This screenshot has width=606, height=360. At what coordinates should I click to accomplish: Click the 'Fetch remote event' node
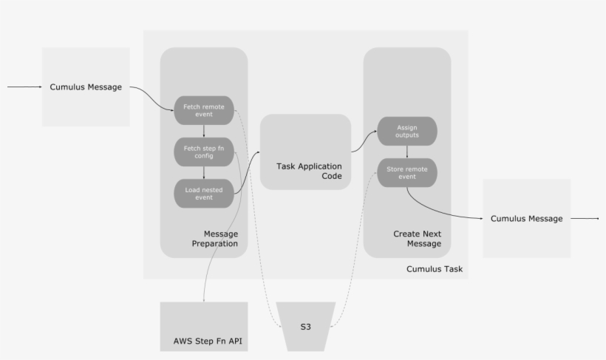click(x=203, y=110)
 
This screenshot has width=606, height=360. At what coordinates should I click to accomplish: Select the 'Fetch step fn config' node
click(x=203, y=152)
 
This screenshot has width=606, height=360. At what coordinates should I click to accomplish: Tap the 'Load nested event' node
click(x=203, y=193)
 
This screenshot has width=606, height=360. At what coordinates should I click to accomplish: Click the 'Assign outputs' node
click(x=407, y=131)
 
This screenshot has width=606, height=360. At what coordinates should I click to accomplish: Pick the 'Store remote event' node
click(x=407, y=172)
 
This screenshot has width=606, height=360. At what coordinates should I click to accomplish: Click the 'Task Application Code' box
click(x=305, y=152)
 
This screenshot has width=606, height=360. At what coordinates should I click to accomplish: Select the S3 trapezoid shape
click(x=305, y=326)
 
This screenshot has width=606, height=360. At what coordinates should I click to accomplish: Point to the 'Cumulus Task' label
click(x=435, y=269)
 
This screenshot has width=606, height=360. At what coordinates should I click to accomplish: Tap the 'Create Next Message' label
click(x=417, y=238)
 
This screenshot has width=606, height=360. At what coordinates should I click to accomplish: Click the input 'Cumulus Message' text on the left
click(x=86, y=86)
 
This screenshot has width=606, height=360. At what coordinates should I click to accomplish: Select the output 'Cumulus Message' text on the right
click(x=526, y=218)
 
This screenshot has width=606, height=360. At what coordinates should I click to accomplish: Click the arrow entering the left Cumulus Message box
click(x=25, y=86)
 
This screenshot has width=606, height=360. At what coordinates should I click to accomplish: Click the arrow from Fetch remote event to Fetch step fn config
click(x=203, y=131)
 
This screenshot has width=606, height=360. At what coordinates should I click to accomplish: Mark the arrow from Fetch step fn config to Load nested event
click(x=203, y=172)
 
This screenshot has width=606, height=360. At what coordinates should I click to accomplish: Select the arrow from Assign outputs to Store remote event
click(x=407, y=152)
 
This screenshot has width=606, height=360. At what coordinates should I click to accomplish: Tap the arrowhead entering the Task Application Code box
click(x=258, y=153)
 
